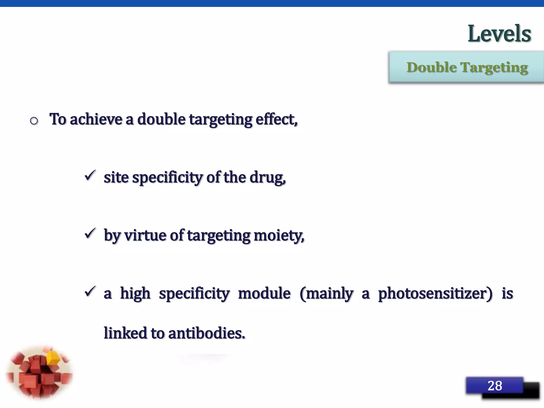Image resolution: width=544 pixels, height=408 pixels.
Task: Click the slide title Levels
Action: [499, 34]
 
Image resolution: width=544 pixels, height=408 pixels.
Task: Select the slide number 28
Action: [495, 386]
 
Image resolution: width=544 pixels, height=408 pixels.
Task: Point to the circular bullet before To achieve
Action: [34, 121]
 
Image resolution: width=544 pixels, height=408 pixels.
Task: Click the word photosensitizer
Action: [435, 294]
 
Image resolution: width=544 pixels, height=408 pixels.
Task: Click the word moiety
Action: [278, 236]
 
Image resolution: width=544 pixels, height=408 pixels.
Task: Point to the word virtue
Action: [145, 235]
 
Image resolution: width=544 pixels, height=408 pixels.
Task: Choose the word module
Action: [264, 294]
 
